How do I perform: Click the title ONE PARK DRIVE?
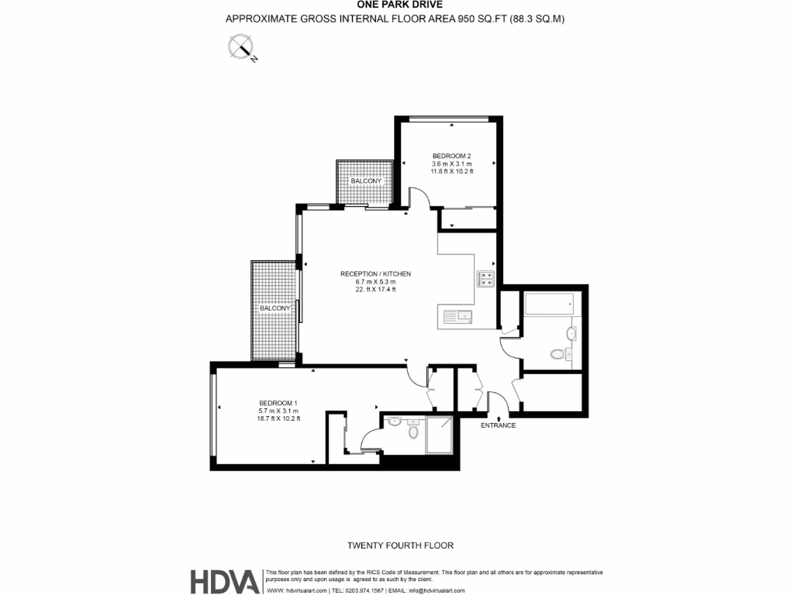tap(395, 5)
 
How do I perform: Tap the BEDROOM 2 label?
tap(451, 156)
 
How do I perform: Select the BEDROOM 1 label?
tap(278, 403)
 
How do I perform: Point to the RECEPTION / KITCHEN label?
tap(375, 274)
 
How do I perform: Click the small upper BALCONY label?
tap(366, 181)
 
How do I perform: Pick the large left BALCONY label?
tap(274, 308)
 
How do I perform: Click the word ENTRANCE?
tap(498, 425)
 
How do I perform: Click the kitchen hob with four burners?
tap(485, 279)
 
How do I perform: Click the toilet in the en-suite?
tap(413, 432)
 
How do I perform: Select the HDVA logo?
tap(225, 580)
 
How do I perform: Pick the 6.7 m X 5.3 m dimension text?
tap(375, 282)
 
